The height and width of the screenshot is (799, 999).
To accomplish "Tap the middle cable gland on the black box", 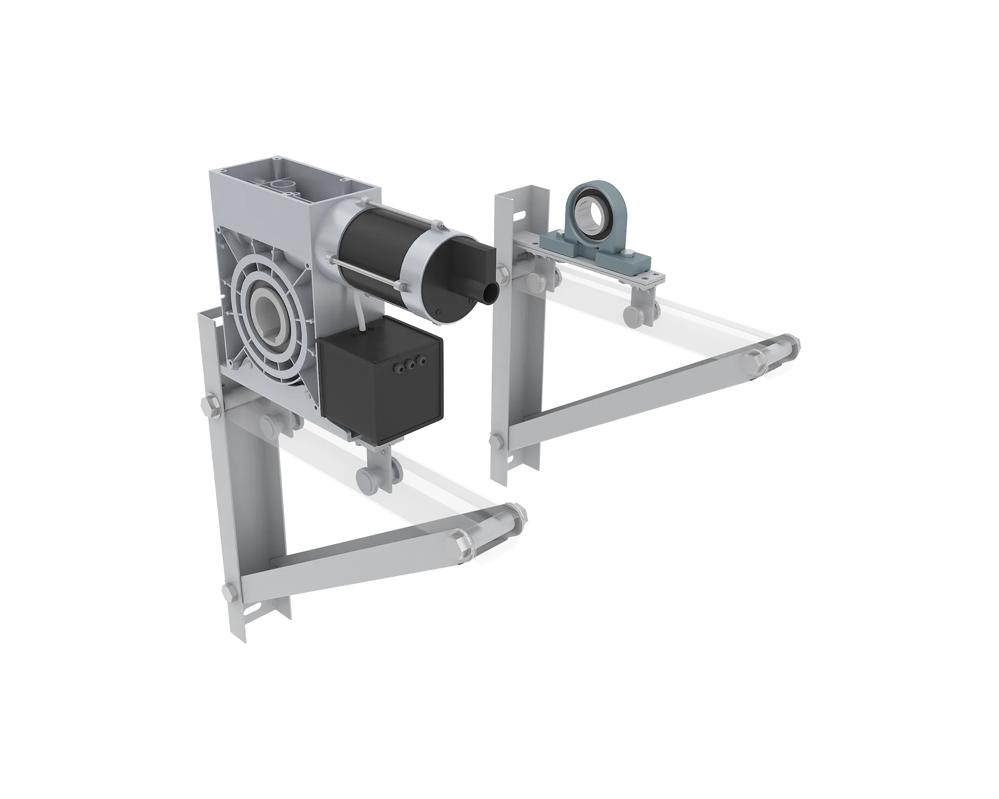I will [412, 364].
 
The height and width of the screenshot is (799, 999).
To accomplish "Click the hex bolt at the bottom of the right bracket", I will [497, 440].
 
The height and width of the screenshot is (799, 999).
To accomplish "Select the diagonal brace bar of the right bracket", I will [624, 399].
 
